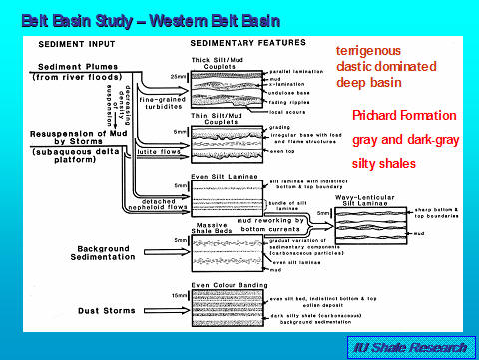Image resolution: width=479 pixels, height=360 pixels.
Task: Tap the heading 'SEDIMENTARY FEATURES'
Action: (x=239, y=45)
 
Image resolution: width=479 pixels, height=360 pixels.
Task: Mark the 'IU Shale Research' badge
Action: (x=412, y=346)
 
